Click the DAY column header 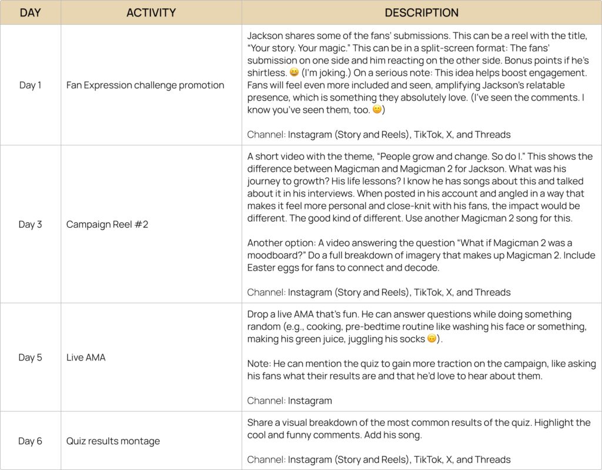click(30, 12)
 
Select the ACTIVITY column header click(151, 12)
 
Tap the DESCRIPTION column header click(421, 12)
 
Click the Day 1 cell click(30, 85)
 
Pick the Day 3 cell click(30, 224)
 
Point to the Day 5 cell click(30, 357)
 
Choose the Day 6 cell click(30, 441)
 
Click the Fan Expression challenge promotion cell click(145, 85)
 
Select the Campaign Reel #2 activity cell click(107, 224)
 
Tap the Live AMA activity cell click(86, 357)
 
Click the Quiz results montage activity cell click(113, 441)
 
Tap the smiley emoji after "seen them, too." click(377, 110)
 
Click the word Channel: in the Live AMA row click(266, 401)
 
